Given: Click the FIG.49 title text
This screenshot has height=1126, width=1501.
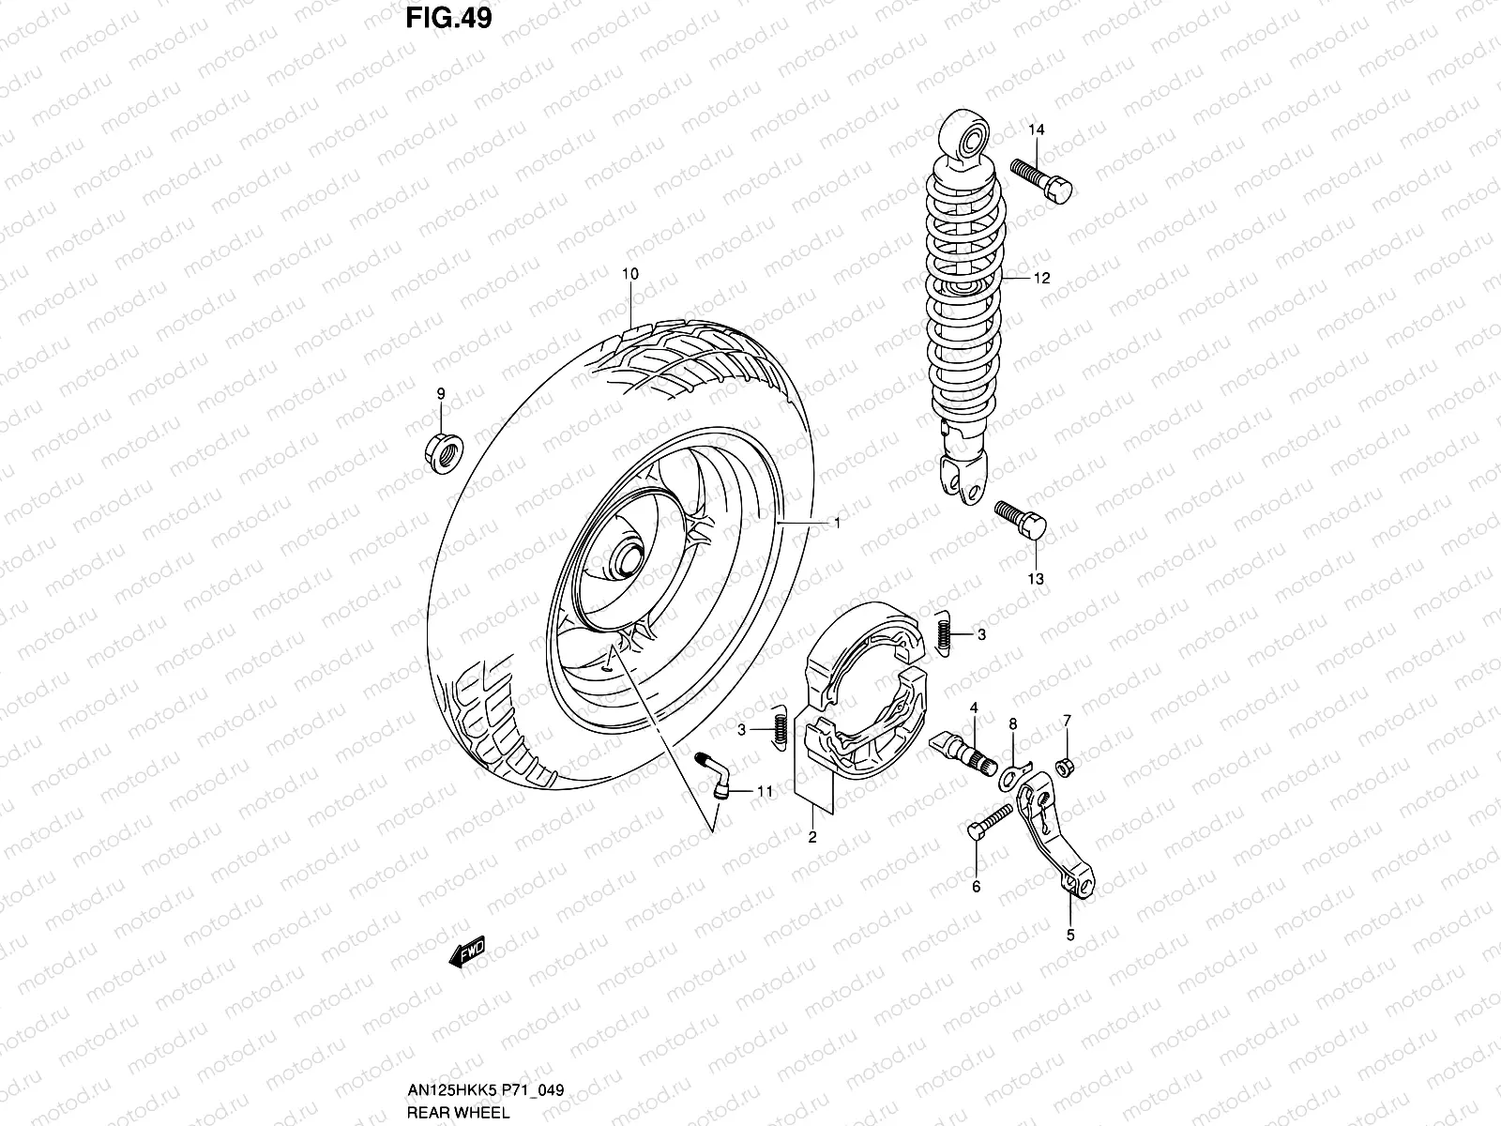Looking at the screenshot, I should pyautogui.click(x=448, y=18).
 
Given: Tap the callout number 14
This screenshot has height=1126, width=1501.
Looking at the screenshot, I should pyautogui.click(x=1036, y=129).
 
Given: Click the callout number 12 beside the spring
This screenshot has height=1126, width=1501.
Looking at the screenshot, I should pyautogui.click(x=1041, y=278).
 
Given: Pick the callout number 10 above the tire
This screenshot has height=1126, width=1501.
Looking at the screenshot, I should pyautogui.click(x=629, y=274).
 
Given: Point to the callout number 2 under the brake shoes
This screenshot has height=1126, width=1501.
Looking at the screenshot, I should pyautogui.click(x=812, y=838).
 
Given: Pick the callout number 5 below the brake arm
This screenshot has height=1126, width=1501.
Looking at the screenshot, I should pyautogui.click(x=1070, y=935).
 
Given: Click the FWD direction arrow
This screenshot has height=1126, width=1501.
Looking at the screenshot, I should pyautogui.click(x=466, y=952).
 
